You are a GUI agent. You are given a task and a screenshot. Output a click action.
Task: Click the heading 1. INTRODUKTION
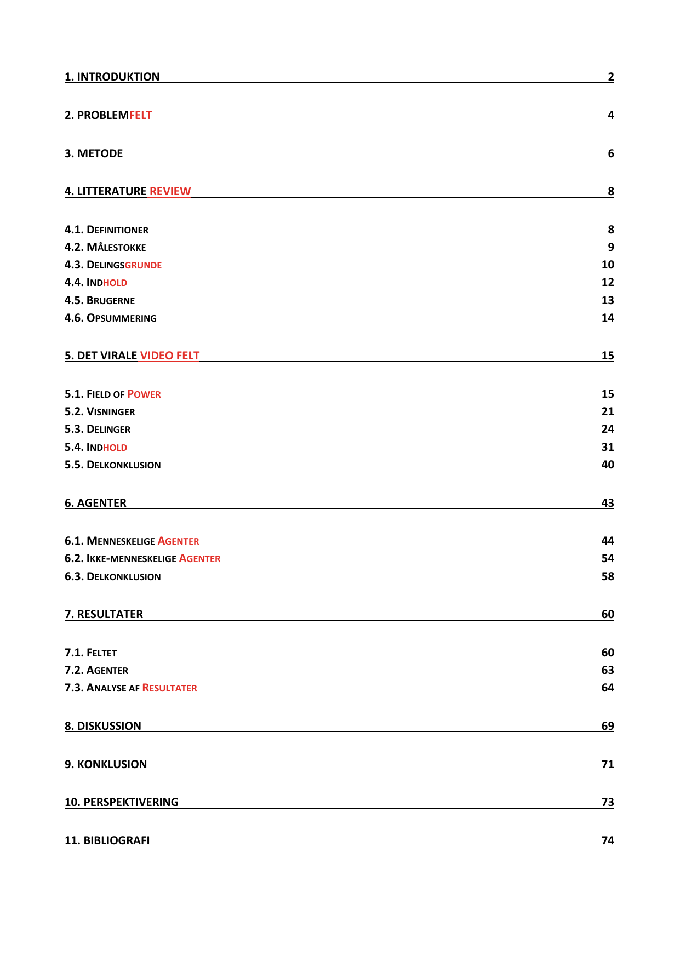click(x=112, y=77)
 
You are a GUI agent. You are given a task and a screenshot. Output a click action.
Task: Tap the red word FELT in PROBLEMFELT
click(x=140, y=115)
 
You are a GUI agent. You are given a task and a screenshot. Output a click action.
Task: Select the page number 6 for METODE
click(x=610, y=153)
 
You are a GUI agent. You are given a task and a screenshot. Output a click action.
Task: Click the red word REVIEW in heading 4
click(x=170, y=191)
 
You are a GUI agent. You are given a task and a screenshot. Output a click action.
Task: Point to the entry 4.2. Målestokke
click(x=105, y=247)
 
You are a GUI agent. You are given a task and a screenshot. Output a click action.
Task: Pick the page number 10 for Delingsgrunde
click(x=607, y=265)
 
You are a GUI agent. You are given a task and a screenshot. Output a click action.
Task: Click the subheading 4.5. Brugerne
click(x=100, y=300)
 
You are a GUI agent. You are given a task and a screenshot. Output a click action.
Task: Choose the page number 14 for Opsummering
click(x=607, y=318)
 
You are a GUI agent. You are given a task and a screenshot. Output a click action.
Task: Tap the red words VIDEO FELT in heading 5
click(x=169, y=356)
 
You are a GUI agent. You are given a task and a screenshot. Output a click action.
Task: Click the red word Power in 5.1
click(x=144, y=394)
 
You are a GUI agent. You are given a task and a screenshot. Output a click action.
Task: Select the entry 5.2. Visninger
click(x=100, y=411)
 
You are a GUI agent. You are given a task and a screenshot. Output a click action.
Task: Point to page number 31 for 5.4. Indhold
click(x=607, y=447)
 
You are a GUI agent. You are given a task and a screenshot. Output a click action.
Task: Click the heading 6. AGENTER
click(x=95, y=503)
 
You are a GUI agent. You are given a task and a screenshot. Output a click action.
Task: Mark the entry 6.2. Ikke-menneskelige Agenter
click(x=142, y=558)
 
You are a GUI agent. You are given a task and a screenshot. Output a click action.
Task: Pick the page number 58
click(x=607, y=576)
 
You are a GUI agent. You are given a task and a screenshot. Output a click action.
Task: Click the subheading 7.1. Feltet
click(x=90, y=653)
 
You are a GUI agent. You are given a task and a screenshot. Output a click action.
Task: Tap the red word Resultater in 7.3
click(x=169, y=688)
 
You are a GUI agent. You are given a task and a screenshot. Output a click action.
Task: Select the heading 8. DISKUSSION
click(x=103, y=726)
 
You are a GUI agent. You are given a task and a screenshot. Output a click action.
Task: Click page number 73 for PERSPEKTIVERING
click(x=607, y=802)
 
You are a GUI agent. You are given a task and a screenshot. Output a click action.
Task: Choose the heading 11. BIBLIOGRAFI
click(x=107, y=840)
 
